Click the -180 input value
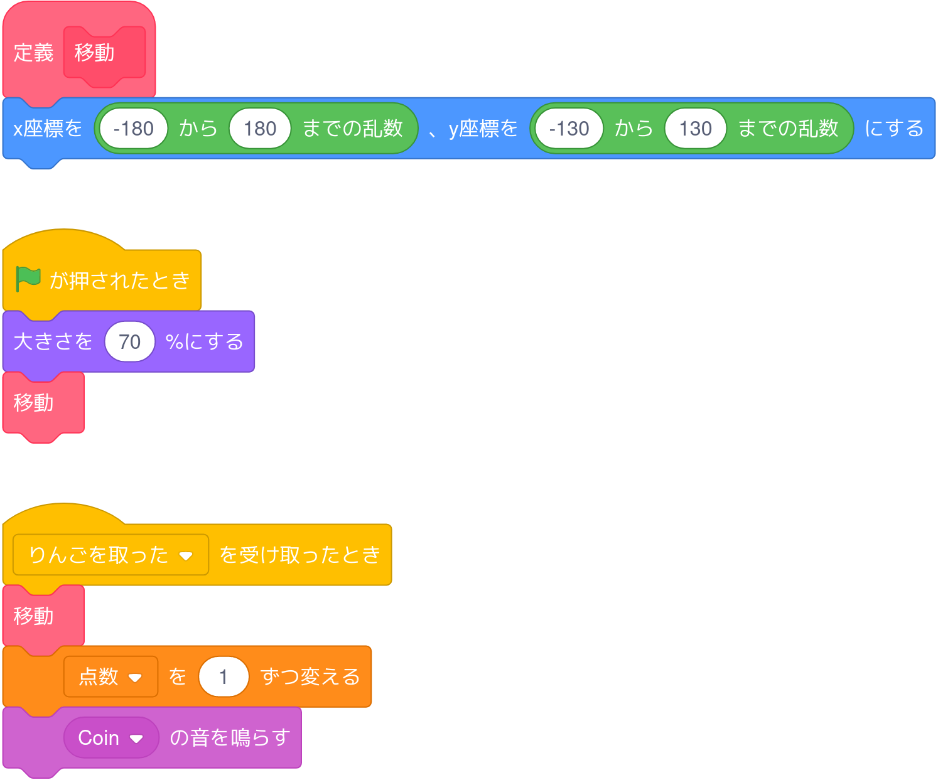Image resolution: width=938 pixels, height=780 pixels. (133, 129)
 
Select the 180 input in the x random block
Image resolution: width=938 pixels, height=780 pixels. (259, 129)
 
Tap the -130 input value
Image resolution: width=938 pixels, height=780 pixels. (569, 129)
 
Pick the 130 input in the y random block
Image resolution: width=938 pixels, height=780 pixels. (695, 129)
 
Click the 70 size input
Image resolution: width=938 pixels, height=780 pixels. (129, 342)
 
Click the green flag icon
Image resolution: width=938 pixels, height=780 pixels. (28, 279)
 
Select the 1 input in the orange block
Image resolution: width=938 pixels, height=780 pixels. (224, 677)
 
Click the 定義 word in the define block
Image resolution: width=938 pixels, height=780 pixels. (33, 53)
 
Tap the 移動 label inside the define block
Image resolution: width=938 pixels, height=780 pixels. (94, 53)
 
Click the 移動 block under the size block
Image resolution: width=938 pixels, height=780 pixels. (34, 403)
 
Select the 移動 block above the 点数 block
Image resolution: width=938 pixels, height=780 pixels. (34, 616)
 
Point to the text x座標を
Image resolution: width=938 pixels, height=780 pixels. (48, 129)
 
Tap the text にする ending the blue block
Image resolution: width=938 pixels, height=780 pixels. (894, 129)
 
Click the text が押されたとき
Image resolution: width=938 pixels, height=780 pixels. (120, 280)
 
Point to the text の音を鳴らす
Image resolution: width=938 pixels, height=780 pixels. (230, 738)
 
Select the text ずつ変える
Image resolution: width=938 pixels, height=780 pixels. (310, 677)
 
